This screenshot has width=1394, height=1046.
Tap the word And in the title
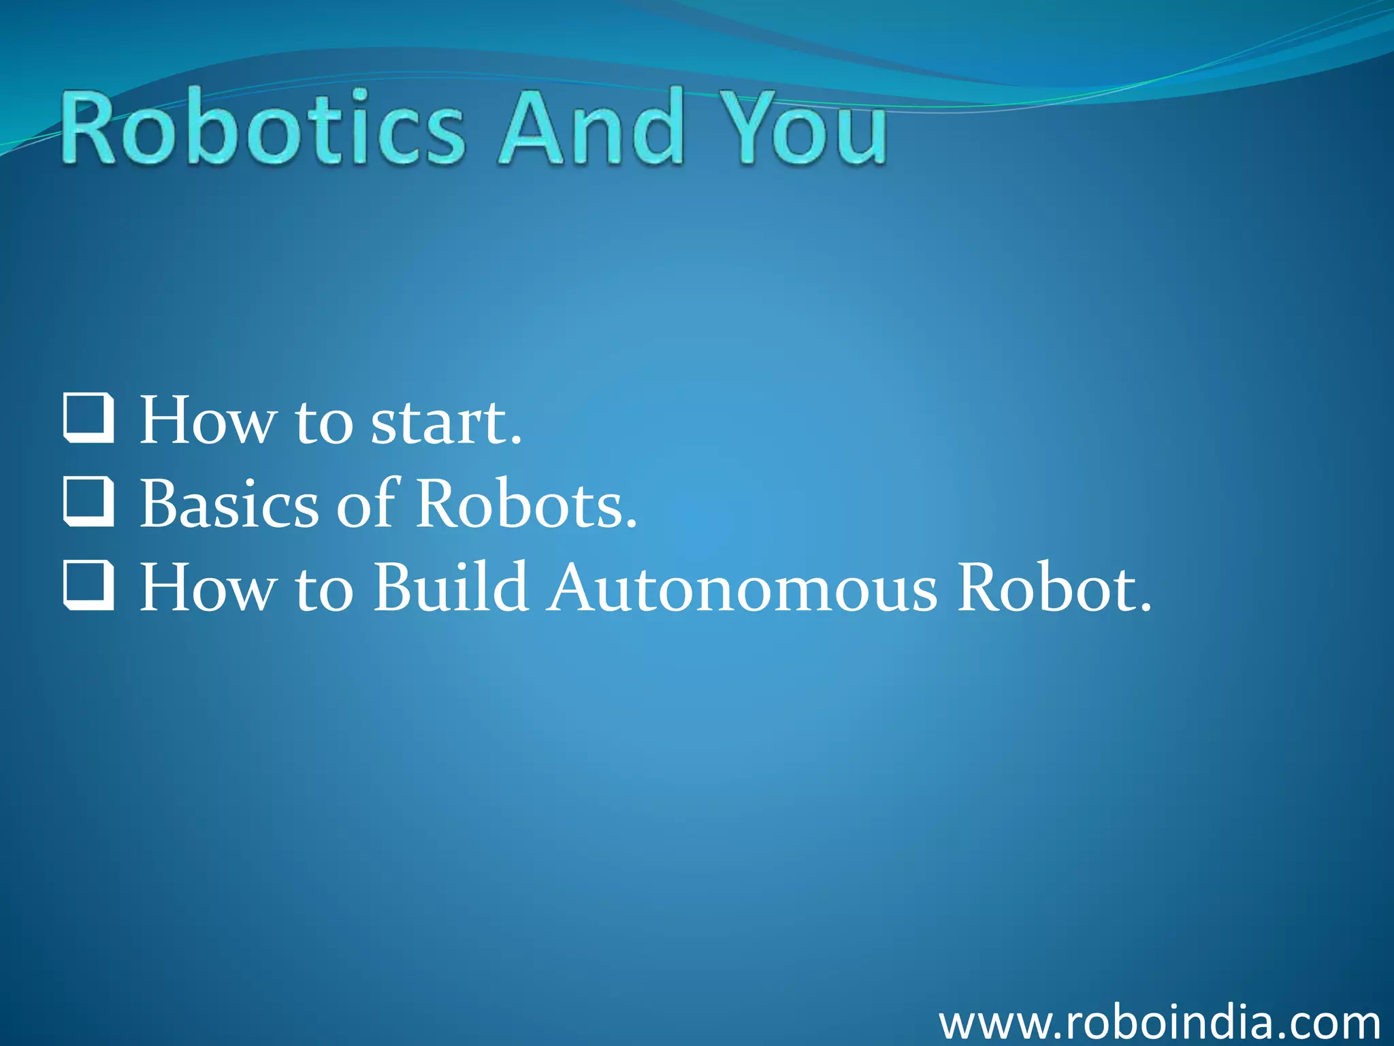click(591, 128)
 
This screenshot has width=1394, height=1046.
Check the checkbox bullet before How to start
click(88, 418)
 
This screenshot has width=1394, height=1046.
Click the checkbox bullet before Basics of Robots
click(88, 502)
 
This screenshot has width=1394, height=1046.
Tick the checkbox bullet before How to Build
click(88, 585)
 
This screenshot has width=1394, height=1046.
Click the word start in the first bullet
click(446, 422)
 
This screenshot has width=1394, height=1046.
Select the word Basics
click(229, 504)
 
